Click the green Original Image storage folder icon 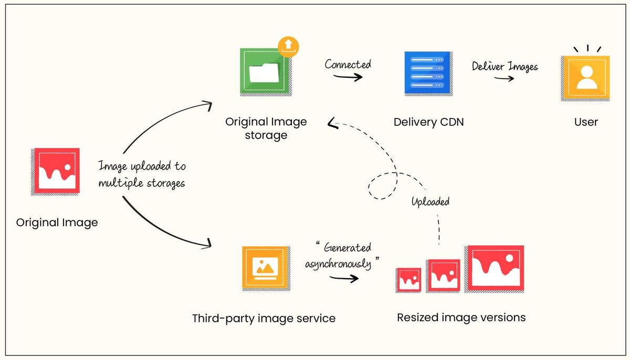(x=266, y=72)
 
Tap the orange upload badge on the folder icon (x=288, y=46)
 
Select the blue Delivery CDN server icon (x=427, y=73)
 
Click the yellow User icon (x=585, y=78)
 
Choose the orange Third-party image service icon (x=266, y=268)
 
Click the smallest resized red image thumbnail (x=408, y=280)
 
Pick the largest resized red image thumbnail (x=495, y=268)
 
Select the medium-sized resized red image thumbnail (x=443, y=275)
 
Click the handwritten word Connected (x=348, y=65)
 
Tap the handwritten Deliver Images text (x=505, y=67)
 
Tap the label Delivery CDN (x=428, y=122)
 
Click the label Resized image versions (x=461, y=317)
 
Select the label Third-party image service (x=264, y=318)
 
